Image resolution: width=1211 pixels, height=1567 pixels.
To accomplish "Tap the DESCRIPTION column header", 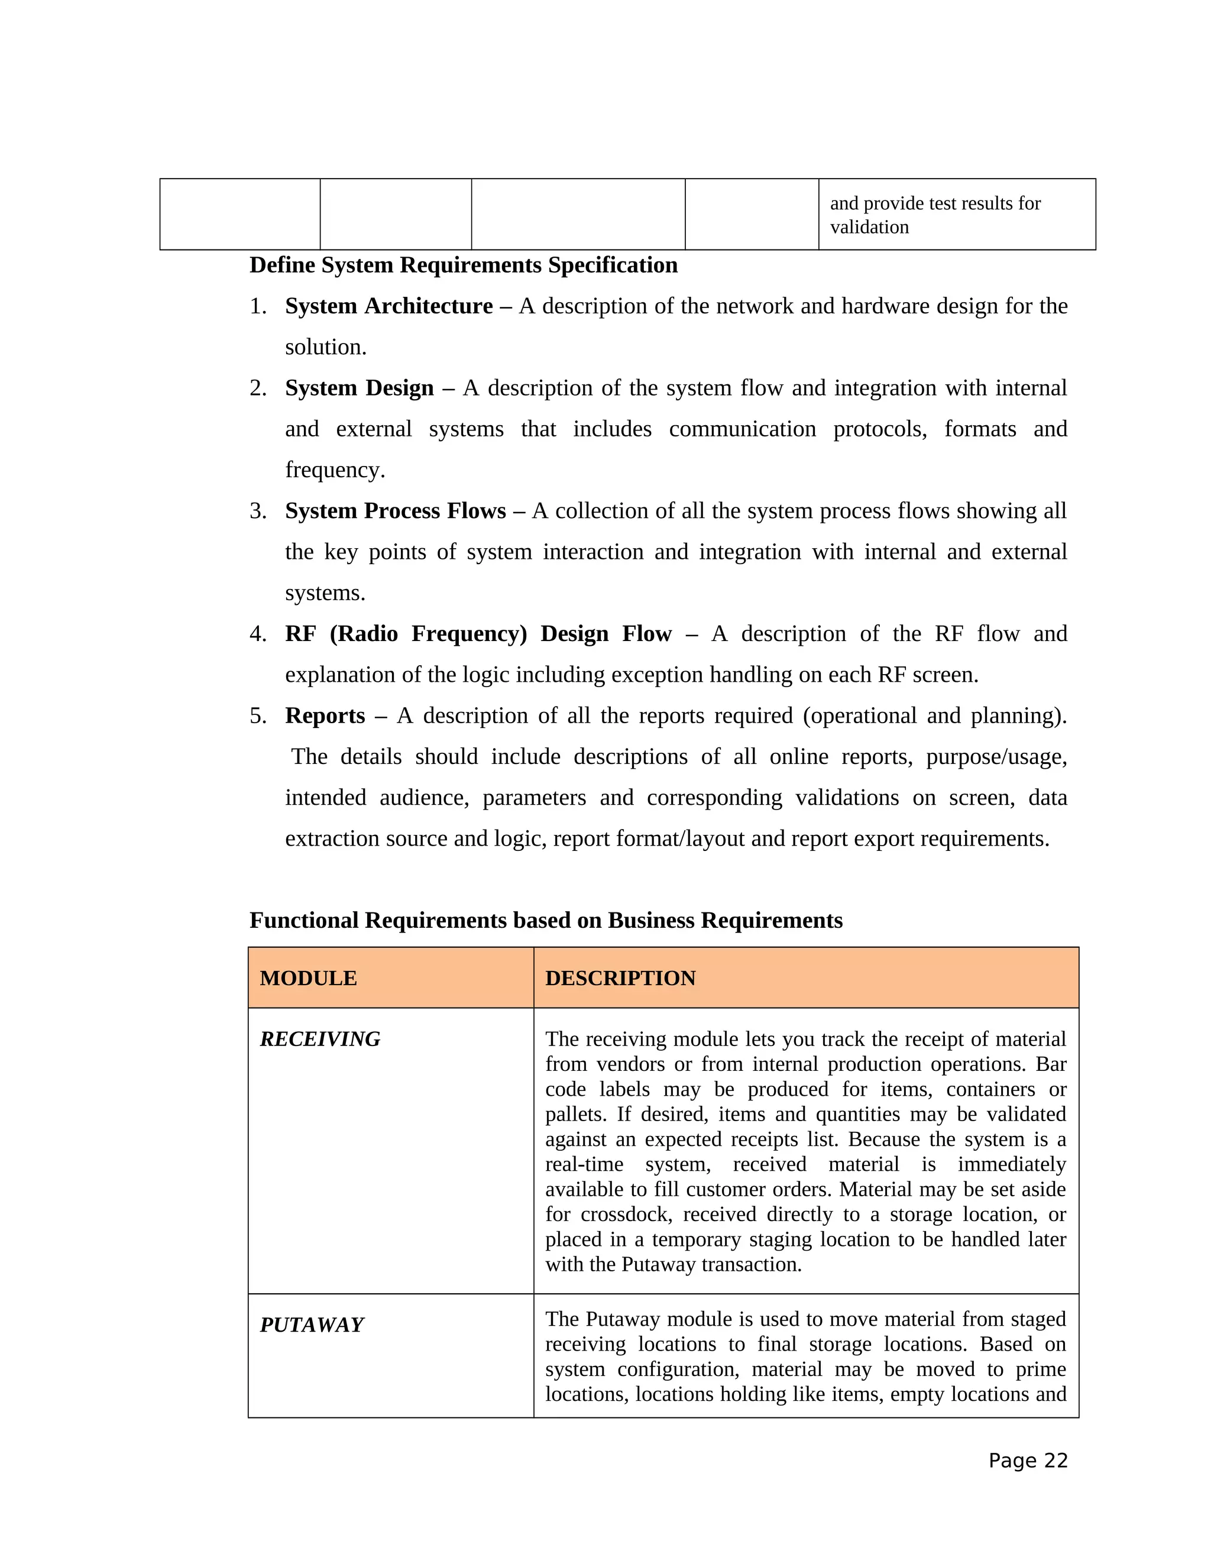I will [620, 978].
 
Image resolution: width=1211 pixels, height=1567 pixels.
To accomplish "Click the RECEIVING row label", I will [320, 1039].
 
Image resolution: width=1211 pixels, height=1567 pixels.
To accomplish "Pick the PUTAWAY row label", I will [312, 1325].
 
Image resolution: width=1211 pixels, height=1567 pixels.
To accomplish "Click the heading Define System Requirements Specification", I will [463, 265].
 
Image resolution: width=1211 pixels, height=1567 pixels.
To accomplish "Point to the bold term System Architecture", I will [388, 306].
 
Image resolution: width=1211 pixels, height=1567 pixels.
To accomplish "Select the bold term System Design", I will [359, 387].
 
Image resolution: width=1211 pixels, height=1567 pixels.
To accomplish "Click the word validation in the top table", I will [869, 228].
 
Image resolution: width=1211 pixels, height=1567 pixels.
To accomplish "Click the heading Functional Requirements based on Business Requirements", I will [545, 920].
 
